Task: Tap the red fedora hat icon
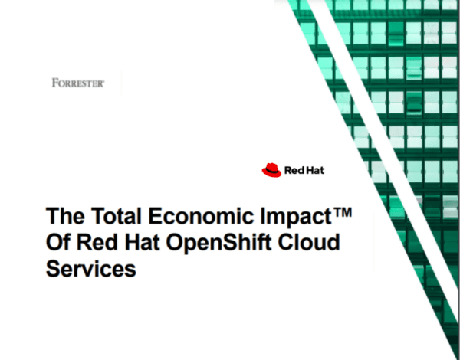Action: pos(271,170)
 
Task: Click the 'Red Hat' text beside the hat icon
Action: pos(304,170)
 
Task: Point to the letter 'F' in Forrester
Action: pos(54,82)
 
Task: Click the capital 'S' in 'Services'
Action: pos(54,270)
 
